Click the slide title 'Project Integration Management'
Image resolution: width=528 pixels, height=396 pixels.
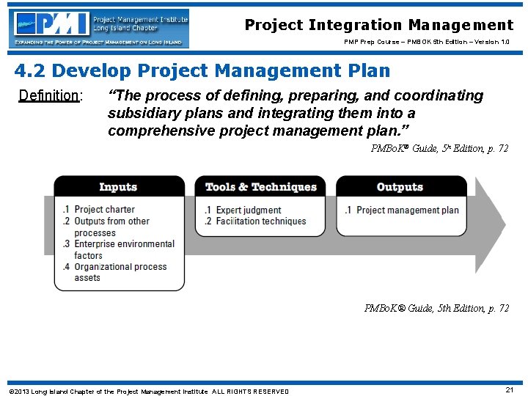(378, 25)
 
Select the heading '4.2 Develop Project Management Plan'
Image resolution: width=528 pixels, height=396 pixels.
(202, 71)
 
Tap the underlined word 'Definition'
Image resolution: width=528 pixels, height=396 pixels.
(49, 96)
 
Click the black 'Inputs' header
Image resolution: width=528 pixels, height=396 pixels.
(119, 187)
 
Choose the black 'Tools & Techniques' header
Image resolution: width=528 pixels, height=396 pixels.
(260, 187)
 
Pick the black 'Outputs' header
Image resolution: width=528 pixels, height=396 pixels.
(400, 187)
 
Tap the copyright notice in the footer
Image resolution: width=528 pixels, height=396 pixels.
(148, 391)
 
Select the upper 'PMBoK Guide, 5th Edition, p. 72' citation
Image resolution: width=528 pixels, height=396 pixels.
(439, 149)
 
